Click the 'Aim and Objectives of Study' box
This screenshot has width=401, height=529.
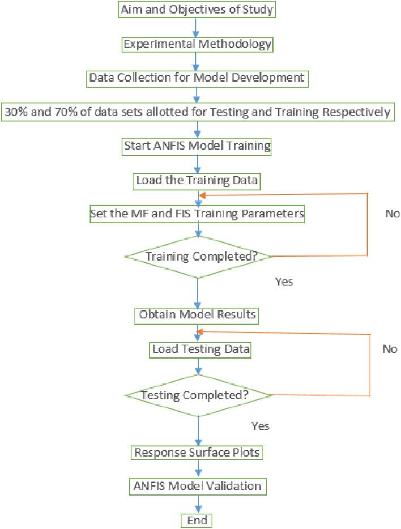(x=197, y=10)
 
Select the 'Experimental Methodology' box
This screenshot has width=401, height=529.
(x=197, y=44)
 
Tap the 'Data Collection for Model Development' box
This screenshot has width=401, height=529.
(x=197, y=78)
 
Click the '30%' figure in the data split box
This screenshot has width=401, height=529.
(x=16, y=112)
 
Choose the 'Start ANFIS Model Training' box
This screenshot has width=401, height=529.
(x=197, y=146)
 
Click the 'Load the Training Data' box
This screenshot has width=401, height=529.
(x=197, y=181)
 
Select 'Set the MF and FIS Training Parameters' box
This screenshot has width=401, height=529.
(x=197, y=215)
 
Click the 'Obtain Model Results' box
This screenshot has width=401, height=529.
(x=197, y=314)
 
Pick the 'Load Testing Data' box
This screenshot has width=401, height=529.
(x=200, y=349)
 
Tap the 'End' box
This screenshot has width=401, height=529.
(x=197, y=520)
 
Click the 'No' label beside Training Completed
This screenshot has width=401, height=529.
(x=392, y=214)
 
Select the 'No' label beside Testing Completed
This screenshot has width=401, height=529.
(x=390, y=349)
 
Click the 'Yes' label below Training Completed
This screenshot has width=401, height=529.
(x=284, y=281)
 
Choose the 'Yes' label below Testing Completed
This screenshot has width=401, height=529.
(x=260, y=425)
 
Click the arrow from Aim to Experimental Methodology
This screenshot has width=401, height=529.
(x=197, y=27)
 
